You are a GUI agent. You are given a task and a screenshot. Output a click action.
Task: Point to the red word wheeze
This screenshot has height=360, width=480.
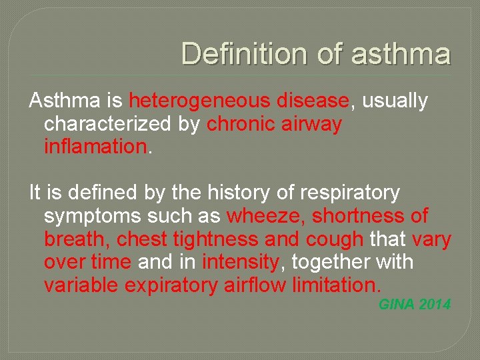point(264,216)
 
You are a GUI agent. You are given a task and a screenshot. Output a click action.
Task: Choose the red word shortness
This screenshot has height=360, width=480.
point(357,216)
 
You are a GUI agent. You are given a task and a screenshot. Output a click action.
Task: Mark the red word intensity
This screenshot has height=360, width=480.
point(241,261)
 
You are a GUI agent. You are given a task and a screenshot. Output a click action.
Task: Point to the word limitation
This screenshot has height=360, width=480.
point(337,285)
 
